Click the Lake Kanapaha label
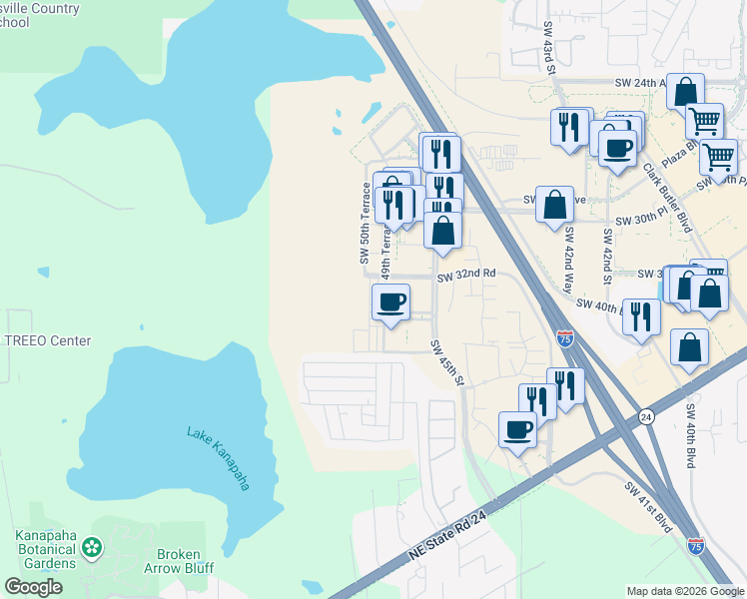(x=218, y=458)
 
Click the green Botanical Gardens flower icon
(x=92, y=546)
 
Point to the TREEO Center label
(x=47, y=340)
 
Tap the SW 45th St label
(x=447, y=363)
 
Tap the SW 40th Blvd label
(x=690, y=435)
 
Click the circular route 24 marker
(x=646, y=416)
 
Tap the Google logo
(x=33, y=587)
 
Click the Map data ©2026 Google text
(x=685, y=591)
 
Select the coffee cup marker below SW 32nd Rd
(x=390, y=301)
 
